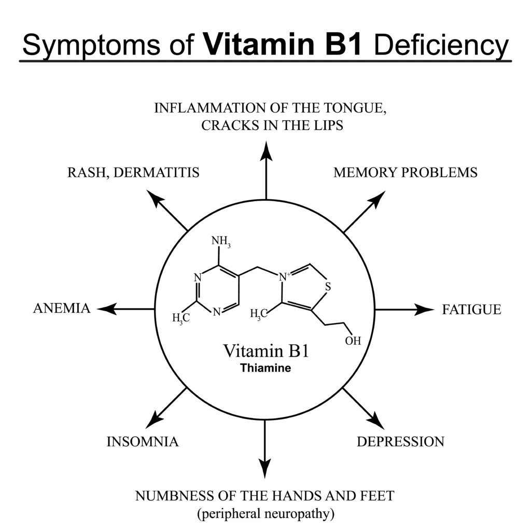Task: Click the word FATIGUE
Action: [471, 310]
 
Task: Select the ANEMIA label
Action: [62, 308]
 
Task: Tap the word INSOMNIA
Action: [143, 442]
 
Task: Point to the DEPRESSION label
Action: [401, 442]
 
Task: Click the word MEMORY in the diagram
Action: [365, 172]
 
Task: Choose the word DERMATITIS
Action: [157, 172]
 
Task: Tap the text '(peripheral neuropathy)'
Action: [266, 513]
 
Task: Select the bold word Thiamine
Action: [265, 368]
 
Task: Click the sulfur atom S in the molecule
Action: [328, 287]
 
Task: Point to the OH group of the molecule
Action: [353, 341]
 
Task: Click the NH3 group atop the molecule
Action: [221, 241]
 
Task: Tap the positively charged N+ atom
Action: [284, 277]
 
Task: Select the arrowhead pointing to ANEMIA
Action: [107, 309]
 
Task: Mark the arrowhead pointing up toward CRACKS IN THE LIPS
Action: [266, 151]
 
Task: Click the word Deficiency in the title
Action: [441, 45]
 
